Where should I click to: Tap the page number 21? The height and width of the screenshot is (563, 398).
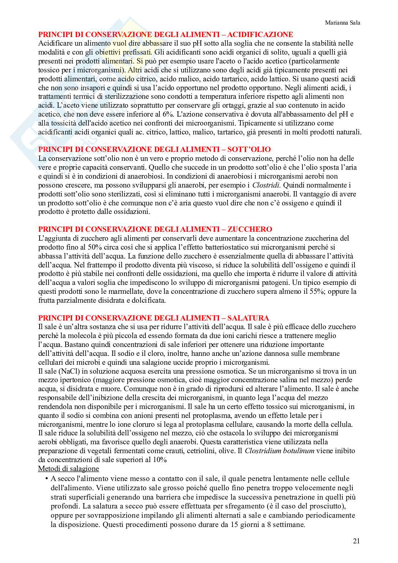(x=356, y=541)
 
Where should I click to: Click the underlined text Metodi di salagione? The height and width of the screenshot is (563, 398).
(x=68, y=468)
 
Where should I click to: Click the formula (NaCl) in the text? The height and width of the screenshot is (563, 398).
(x=68, y=371)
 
